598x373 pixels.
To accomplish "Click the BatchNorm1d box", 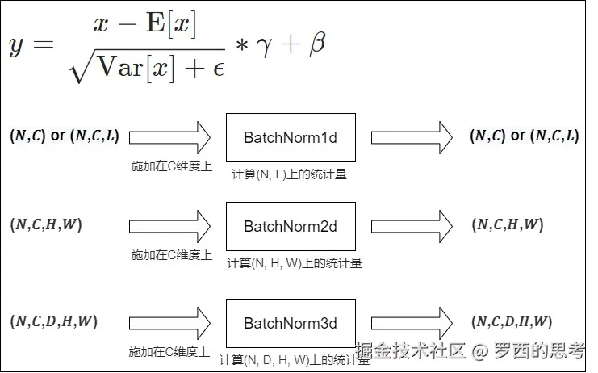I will pos(290,137).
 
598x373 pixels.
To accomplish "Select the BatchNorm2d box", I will pos(290,226).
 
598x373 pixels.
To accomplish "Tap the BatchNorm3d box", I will pos(290,323).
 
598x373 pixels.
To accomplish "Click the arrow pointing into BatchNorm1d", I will pos(169,137).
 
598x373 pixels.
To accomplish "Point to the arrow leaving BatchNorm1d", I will pos(412,137).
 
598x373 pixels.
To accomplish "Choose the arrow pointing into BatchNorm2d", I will pos(169,226).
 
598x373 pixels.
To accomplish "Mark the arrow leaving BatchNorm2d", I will pos(412,226).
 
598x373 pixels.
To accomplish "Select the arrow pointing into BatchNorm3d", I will pos(169,323).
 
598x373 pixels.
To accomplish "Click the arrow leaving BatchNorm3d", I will pos(412,323).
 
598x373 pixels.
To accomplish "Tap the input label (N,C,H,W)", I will pos(46,224).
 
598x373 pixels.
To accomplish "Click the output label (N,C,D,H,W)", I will pos(514,322).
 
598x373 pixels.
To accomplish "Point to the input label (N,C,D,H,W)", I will pos(53,321).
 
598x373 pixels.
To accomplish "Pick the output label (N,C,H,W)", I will pos(508,225).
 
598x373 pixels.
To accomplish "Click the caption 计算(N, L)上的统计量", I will pos(289,174).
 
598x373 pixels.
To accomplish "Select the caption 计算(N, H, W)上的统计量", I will pos(294,262).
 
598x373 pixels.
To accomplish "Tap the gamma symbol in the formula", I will pos(264,47).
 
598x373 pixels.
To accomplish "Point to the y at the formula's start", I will pos(17,48).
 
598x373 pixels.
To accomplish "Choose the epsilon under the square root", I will pos(216,70).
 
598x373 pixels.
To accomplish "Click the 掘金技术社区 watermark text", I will pos(412,351).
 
